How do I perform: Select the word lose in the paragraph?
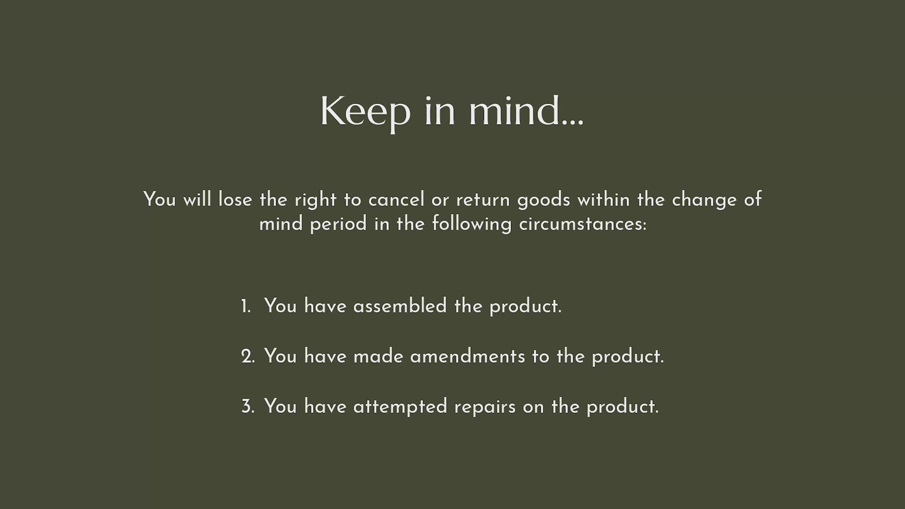click(x=235, y=200)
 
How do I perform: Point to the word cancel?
click(x=396, y=200)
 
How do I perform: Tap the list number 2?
click(x=248, y=357)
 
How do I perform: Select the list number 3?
click(x=248, y=406)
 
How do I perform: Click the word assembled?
click(x=400, y=306)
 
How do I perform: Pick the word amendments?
click(x=468, y=357)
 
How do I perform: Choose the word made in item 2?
click(x=378, y=357)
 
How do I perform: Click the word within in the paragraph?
click(x=604, y=200)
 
